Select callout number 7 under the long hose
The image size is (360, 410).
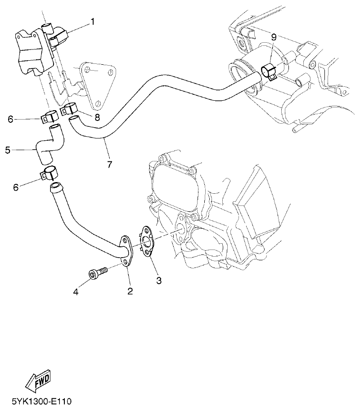pos(109,164)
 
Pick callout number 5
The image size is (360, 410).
pos(8,150)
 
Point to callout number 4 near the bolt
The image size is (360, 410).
pos(76,292)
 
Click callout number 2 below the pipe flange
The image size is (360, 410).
pos(130,291)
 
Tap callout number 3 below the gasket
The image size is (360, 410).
pos(158,281)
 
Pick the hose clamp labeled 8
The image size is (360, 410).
pos(71,108)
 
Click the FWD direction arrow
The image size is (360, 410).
pos(38,381)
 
